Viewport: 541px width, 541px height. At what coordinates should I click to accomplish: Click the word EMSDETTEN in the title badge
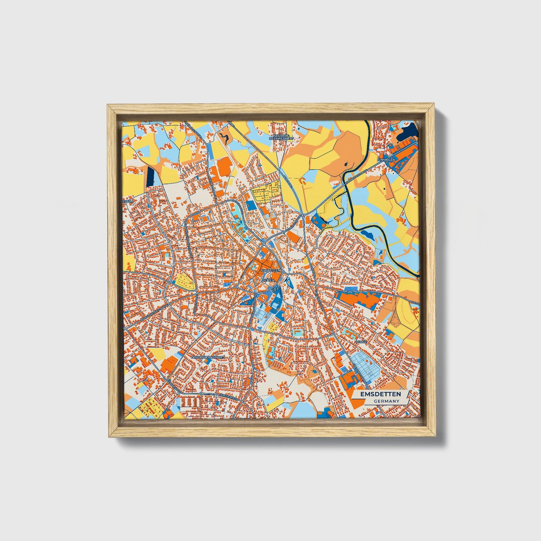tap(380, 394)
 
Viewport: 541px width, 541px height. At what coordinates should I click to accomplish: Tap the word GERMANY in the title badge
tap(386, 401)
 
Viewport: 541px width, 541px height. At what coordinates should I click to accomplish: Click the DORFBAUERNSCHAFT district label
tap(208, 358)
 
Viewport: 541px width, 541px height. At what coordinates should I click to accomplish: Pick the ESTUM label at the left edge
tap(128, 201)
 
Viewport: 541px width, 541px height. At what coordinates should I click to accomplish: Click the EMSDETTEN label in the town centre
tap(271, 270)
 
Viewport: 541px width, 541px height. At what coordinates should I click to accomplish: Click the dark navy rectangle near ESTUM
tap(151, 176)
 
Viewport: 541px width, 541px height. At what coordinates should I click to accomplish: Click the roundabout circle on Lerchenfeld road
tap(201, 394)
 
